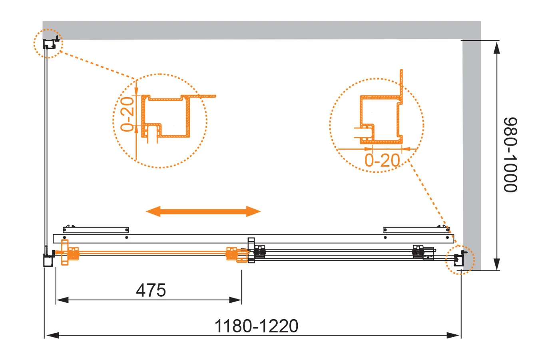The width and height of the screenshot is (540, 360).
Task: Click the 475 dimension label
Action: point(151,290)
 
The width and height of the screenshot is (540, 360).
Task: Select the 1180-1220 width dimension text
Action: point(256,326)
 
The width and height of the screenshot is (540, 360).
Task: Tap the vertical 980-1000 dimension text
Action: point(510,155)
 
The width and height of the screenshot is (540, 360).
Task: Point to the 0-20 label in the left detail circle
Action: point(127,114)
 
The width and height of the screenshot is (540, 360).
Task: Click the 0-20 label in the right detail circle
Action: point(383,160)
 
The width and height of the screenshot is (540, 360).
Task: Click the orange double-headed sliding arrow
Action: point(203,212)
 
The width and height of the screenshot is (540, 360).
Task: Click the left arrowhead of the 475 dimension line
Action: point(62,300)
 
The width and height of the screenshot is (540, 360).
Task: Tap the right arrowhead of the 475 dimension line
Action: point(235,300)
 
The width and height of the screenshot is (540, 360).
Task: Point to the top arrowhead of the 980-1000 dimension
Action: point(496,48)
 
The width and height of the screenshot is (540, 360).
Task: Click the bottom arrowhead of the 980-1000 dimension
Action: point(496,264)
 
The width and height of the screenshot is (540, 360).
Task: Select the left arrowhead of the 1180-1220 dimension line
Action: point(52,335)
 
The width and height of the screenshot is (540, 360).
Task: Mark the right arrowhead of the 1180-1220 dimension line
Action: point(453,335)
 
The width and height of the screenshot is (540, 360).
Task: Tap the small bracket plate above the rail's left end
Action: point(96,230)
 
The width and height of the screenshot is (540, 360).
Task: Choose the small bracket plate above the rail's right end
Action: point(416,230)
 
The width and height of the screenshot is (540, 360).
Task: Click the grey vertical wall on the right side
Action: point(472,154)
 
